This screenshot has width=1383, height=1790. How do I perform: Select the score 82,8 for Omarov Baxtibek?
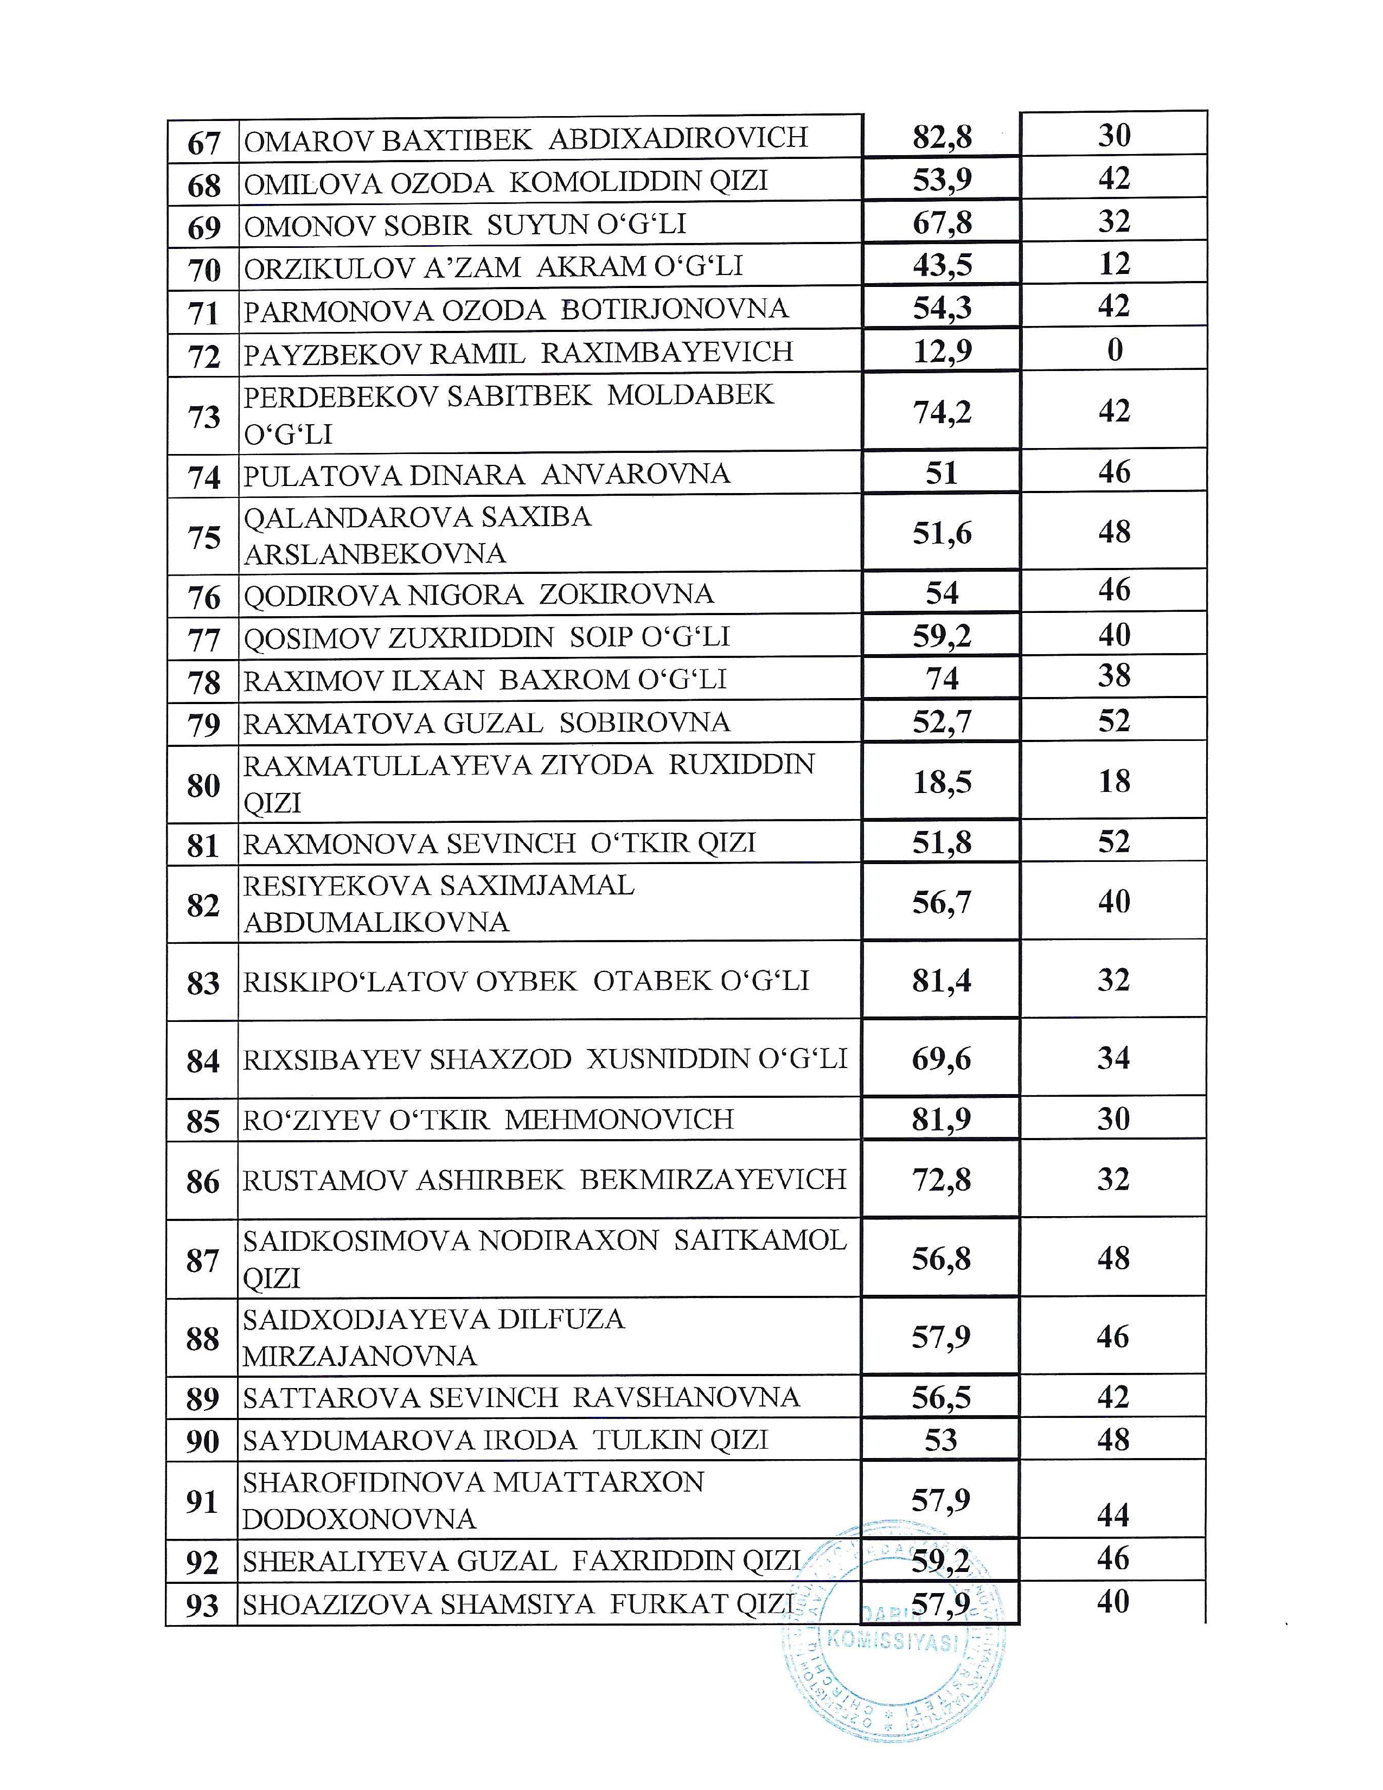pos(942,137)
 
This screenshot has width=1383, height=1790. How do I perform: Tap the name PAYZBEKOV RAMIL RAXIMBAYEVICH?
pos(518,353)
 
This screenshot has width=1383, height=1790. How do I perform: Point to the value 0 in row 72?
pos(1115,350)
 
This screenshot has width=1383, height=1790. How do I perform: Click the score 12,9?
pos(942,351)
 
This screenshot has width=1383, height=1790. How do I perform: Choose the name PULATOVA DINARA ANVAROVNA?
pos(486,475)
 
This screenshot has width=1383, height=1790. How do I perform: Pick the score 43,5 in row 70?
pos(942,265)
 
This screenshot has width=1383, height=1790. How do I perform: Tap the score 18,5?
pos(942,782)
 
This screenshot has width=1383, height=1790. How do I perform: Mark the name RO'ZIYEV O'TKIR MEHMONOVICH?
pos(488,1120)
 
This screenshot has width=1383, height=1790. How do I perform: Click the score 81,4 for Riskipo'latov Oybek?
pos(942,980)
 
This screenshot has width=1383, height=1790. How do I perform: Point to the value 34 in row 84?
pos(1113,1058)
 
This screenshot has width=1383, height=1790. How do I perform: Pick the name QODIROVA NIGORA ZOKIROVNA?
pos(478,594)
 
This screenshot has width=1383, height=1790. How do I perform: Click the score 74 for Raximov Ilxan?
pos(942,679)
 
